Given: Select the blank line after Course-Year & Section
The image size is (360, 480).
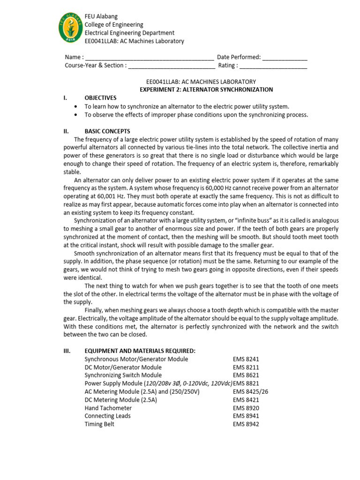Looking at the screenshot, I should (172, 66).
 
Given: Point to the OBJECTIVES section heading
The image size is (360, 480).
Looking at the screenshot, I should (100, 98).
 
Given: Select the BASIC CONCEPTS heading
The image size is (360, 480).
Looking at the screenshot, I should (107, 131).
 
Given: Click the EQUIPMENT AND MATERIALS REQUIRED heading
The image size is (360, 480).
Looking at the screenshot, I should (140, 351).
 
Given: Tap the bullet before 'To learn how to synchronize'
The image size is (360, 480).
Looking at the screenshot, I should (76, 106).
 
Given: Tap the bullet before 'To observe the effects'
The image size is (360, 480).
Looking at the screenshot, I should (76, 115).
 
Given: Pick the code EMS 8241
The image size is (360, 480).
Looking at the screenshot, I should (246, 359).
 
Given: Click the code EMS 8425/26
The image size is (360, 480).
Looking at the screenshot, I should (250, 392).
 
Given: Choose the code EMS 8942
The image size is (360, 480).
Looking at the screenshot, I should (246, 424).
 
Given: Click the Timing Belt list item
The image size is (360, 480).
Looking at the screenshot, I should (99, 424).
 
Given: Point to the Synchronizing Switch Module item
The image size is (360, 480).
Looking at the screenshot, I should (123, 375).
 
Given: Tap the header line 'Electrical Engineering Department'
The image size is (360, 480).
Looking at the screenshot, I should (129, 33).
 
